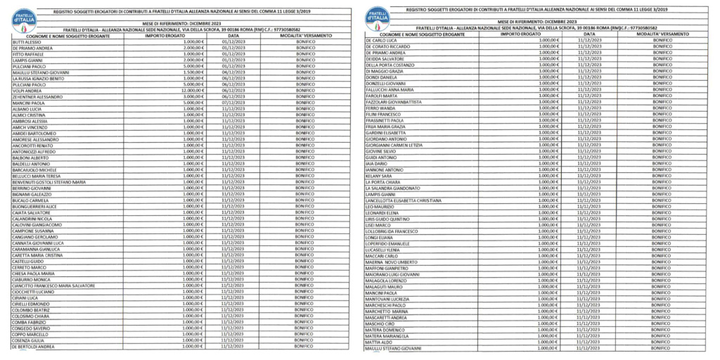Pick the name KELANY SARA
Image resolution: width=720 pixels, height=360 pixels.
coord(379,176)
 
